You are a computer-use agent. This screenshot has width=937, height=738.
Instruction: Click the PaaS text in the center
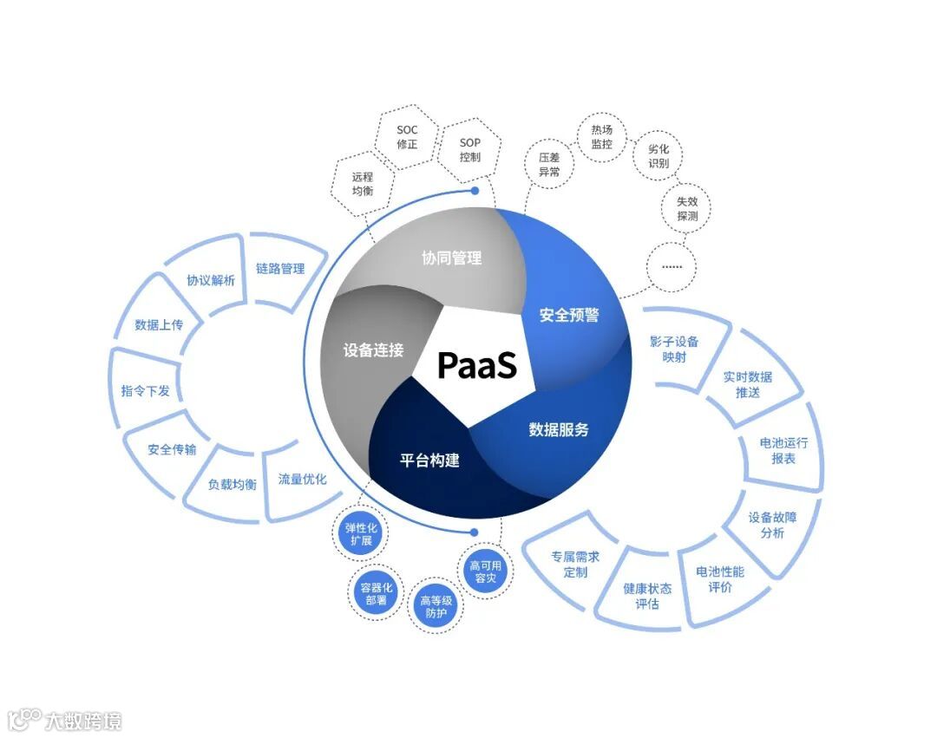tap(476, 365)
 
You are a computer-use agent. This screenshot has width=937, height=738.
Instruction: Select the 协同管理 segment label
tap(451, 258)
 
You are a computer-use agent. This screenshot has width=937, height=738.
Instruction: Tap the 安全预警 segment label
tap(569, 315)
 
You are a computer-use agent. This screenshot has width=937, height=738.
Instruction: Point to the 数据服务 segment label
tap(559, 429)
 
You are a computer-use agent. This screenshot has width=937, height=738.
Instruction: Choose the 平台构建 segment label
tap(429, 460)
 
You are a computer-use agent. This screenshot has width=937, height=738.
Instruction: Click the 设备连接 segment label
tap(373, 350)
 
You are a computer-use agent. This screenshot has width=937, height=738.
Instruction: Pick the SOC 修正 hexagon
tap(407, 137)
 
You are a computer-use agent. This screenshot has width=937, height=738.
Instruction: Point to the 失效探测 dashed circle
tap(686, 208)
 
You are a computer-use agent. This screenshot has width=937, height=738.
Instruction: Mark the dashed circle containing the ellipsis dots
tap(672, 265)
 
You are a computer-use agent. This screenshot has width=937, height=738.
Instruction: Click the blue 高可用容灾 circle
tap(485, 573)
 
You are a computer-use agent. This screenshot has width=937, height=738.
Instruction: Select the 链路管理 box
tap(280, 269)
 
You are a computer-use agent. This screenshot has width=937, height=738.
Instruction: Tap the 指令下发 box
tap(145, 390)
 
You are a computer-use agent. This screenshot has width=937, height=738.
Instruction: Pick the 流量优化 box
tap(302, 479)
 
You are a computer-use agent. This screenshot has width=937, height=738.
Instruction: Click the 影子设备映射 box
tap(674, 349)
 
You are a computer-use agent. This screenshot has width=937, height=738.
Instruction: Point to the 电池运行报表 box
tap(783, 450)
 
